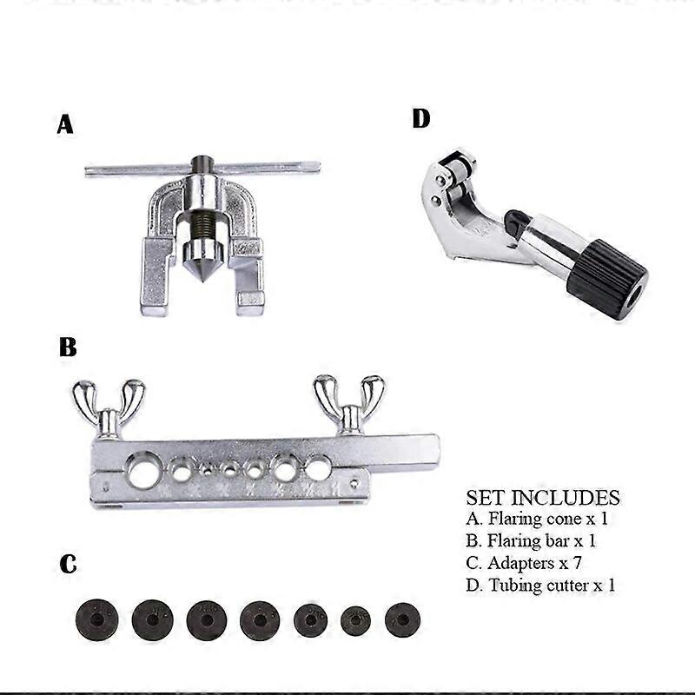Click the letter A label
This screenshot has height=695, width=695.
click(65, 125)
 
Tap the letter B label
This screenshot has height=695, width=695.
click(68, 348)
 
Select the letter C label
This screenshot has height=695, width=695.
click(68, 565)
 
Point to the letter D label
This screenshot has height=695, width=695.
click(420, 118)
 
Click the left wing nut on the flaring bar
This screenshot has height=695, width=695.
click(109, 404)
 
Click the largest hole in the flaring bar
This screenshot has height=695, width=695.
click(143, 469)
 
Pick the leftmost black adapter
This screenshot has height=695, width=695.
click(96, 620)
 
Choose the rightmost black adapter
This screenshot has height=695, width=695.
click(402, 619)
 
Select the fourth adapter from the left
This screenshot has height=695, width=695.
click(260, 620)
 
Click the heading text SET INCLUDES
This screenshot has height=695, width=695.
click(543, 498)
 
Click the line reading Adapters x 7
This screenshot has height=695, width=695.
click(532, 563)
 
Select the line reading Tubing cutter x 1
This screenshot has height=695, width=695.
click(540, 585)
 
